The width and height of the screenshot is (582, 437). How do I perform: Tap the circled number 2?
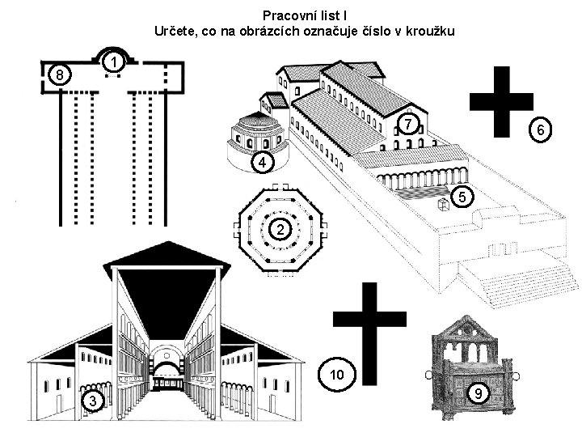[278, 231]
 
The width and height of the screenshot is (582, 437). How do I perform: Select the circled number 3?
[93, 401]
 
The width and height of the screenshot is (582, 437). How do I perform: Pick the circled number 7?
[409, 125]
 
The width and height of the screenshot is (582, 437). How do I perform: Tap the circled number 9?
[479, 392]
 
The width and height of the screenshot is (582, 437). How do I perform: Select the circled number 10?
[338, 373]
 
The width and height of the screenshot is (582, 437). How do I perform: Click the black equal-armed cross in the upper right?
[501, 102]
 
